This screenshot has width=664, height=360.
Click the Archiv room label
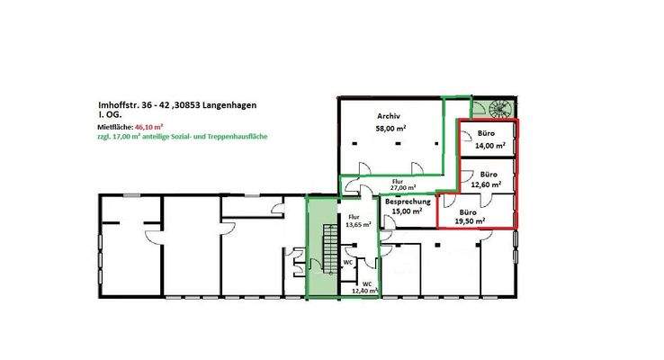[390, 116]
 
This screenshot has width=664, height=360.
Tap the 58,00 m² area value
[390, 130]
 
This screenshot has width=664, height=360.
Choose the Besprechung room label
[406, 202]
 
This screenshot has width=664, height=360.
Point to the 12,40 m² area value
[363, 291]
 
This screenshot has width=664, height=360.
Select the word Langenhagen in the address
[224, 105]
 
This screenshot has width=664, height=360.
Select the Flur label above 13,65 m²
[355, 217]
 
